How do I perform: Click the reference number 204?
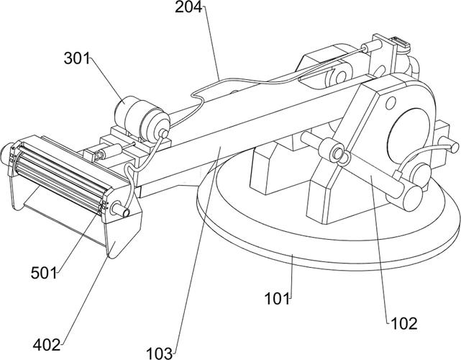pos(188,7)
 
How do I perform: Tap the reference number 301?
pos(77,58)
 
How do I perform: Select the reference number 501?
pos(44,273)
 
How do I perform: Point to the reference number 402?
pos(47,344)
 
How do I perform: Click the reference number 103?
pos(160,354)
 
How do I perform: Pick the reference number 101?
pos(277,299)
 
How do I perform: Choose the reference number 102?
pos(404,324)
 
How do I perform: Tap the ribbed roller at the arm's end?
pos(59,176)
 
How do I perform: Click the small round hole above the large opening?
pos(391,103)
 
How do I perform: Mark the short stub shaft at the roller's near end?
pos(120,209)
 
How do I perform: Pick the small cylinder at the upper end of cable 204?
pos(372,46)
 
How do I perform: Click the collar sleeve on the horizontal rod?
pos(331,150)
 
